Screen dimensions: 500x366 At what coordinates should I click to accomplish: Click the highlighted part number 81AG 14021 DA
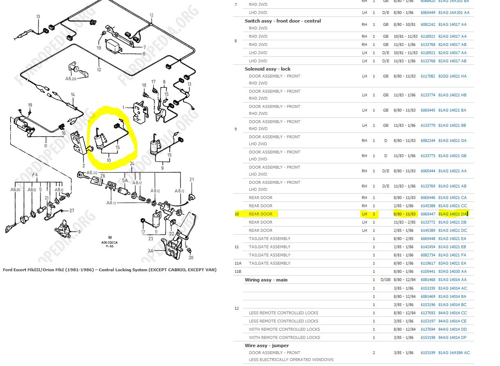(453, 214)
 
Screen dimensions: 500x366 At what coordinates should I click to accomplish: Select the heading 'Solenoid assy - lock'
(267, 69)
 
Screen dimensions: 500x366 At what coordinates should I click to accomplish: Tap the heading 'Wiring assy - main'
(266, 280)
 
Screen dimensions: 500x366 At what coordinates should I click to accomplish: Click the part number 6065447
(428, 214)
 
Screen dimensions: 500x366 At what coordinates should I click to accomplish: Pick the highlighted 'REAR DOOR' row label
(260, 214)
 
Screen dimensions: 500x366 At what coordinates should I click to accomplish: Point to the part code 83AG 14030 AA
(452, 271)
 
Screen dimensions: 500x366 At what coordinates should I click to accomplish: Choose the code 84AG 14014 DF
(452, 337)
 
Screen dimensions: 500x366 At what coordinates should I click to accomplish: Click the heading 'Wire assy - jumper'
(267, 345)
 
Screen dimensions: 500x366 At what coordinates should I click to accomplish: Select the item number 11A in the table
(238, 263)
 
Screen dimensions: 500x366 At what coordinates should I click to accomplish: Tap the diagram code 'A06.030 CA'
(110, 242)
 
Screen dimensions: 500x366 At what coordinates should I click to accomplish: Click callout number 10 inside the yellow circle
(109, 160)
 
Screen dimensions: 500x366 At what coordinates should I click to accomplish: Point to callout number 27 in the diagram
(72, 210)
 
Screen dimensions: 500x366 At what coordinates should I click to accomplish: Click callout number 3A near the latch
(151, 251)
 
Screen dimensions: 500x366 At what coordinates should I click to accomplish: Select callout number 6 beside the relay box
(144, 54)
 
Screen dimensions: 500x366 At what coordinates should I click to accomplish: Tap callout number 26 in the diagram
(103, 176)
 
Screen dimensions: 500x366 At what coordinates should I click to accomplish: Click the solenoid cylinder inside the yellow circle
(98, 142)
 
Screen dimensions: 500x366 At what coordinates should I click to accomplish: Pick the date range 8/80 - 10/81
(404, 24)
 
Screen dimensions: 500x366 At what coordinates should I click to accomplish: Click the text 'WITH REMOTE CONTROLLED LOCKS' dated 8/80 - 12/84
(284, 329)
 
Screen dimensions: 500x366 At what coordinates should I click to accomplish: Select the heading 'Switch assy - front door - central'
(283, 21)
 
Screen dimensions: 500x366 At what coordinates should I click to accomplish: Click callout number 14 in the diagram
(73, 94)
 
